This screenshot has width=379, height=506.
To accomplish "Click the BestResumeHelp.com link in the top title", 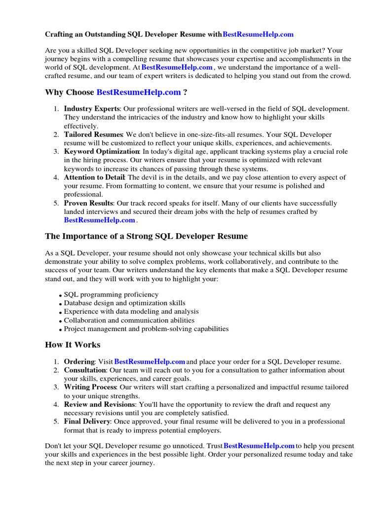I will click(x=258, y=34).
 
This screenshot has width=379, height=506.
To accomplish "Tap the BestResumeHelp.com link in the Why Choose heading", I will click(x=139, y=92).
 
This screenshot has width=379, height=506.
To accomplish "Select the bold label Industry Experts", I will click(x=91, y=109).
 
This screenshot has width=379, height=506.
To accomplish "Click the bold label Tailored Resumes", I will click(x=93, y=134).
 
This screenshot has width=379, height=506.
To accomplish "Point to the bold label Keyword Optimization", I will click(x=102, y=152).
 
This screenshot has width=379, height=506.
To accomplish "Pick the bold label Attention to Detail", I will click(x=95, y=177).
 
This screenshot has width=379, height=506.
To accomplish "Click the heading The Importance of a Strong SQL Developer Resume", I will click(x=146, y=236).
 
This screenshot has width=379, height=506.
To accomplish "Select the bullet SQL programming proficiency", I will click(x=111, y=295).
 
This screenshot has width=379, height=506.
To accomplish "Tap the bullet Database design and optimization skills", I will click(x=125, y=303).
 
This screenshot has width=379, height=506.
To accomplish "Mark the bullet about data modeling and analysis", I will click(x=131, y=312).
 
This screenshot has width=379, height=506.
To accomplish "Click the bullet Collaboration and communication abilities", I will click(x=129, y=320).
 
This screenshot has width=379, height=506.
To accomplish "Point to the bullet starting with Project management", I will click(x=146, y=329).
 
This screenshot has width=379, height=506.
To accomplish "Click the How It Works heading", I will click(x=73, y=345).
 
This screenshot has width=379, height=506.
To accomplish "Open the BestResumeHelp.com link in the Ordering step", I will click(x=150, y=362).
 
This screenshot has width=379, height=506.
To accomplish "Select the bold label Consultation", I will click(x=85, y=370).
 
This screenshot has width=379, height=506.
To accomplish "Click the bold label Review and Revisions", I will click(x=99, y=405).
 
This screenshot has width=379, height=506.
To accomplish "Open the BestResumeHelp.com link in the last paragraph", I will click(x=259, y=446).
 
